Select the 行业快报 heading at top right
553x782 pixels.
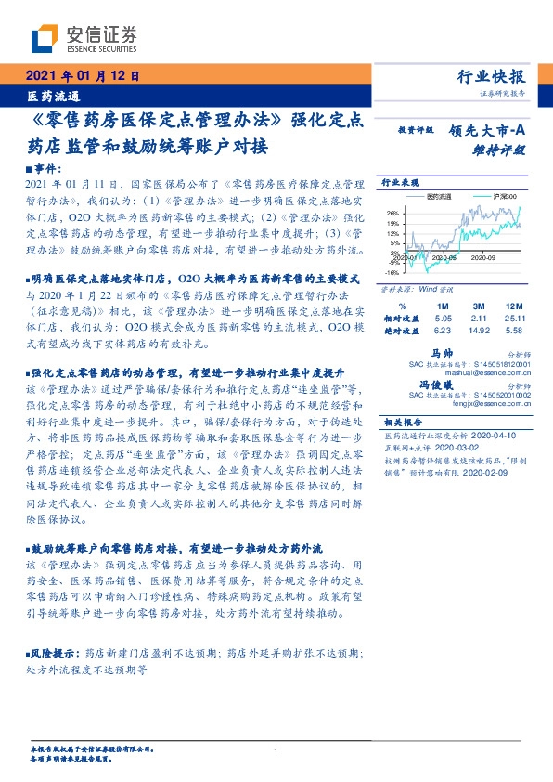494,76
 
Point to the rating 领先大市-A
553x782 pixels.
491,131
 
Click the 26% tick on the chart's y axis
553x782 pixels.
393,213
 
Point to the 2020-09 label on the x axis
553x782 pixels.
485,257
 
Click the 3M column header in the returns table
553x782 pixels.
479,306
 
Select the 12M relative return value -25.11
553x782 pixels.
516,318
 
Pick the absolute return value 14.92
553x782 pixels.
479,330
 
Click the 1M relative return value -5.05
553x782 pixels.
442,318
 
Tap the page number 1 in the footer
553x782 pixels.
276,750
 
